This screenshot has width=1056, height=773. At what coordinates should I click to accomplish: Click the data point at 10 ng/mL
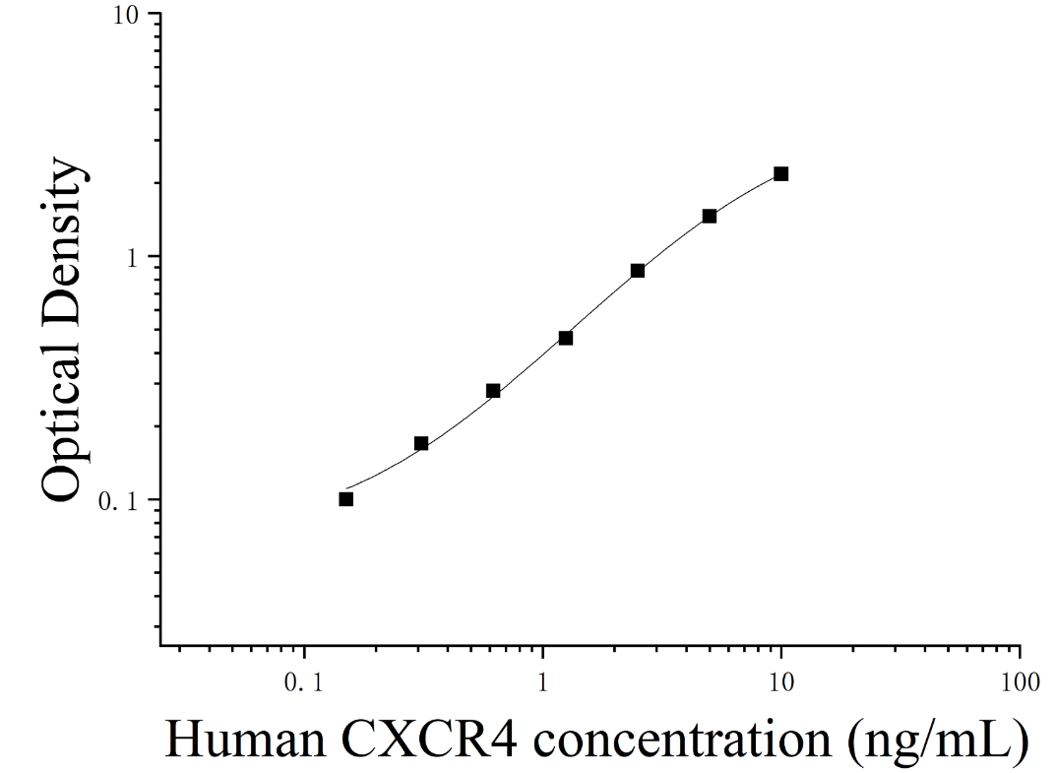[780, 174]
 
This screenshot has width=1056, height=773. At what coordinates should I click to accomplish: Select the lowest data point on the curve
[346, 498]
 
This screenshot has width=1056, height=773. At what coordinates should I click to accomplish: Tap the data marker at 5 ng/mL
[710, 216]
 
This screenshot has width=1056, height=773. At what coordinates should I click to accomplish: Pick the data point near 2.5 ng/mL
[637, 270]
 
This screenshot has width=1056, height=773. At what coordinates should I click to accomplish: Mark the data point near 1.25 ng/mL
[566, 338]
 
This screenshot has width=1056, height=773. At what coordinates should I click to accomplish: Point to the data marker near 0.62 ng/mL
[493, 390]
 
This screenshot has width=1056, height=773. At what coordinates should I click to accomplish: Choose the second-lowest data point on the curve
[421, 443]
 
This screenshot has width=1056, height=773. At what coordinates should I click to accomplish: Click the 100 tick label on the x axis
[1021, 682]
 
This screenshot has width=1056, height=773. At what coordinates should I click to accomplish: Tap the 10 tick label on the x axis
[781, 682]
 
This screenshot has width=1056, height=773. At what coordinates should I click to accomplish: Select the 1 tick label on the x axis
[543, 682]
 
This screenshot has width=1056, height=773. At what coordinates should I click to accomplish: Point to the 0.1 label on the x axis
[304, 682]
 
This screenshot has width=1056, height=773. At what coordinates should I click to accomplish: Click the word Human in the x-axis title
[247, 740]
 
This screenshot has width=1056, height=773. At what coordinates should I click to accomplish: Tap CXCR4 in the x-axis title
[431, 740]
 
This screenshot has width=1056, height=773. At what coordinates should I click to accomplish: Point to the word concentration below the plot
[682, 740]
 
